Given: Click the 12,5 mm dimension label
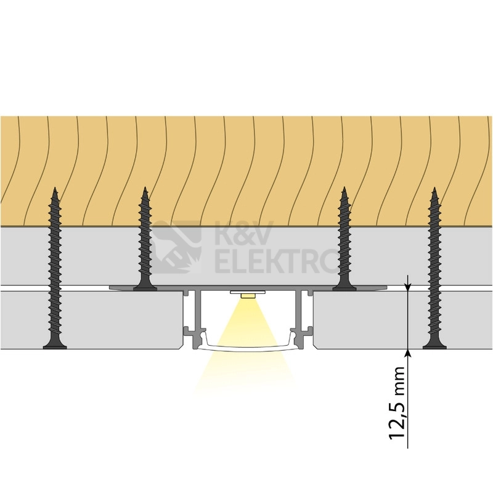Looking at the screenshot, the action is (397, 403).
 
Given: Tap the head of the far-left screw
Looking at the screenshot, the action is (55, 346).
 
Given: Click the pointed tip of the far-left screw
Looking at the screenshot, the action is (55, 188).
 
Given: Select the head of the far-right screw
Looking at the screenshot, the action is (434, 346).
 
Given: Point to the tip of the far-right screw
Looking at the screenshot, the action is (434, 188).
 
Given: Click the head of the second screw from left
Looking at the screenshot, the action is (145, 287).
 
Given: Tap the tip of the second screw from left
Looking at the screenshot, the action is (145, 188).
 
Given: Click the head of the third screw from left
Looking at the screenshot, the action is (344, 287).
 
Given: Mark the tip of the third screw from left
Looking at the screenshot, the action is (344, 188).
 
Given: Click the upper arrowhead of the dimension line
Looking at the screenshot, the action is (408, 286).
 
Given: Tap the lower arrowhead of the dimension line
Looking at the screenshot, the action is (408, 352).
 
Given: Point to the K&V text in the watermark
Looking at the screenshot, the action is (243, 233).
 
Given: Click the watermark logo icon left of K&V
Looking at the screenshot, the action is (176, 247).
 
